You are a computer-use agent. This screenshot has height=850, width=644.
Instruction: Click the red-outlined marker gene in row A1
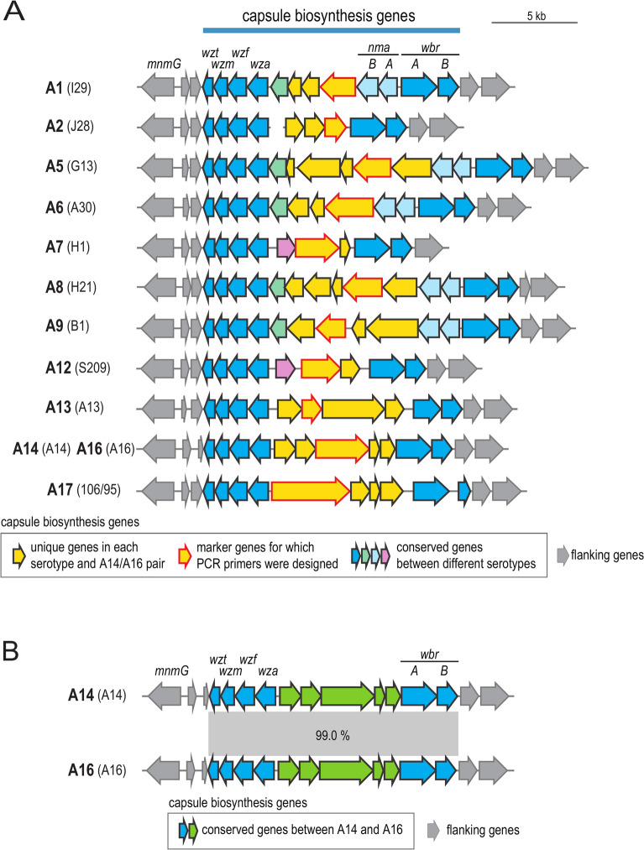[338, 86]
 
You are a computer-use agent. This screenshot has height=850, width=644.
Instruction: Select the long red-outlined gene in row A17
[310, 490]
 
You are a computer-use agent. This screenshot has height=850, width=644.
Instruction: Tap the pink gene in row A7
[286, 248]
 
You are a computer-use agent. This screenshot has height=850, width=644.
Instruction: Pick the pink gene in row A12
[285, 368]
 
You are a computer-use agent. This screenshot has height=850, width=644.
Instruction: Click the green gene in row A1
[279, 86]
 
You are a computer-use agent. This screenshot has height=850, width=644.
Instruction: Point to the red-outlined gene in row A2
[335, 127]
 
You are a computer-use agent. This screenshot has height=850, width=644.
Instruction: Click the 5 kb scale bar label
[536, 16]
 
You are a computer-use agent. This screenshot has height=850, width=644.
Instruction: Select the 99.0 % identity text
[332, 735]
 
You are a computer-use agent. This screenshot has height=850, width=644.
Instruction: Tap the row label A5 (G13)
[71, 166]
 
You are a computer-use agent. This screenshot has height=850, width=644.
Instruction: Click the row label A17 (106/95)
[84, 489]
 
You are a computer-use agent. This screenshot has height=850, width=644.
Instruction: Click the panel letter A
[13, 11]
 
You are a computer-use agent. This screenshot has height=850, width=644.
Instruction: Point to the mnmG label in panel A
[164, 65]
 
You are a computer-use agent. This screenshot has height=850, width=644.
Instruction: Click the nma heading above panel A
[379, 48]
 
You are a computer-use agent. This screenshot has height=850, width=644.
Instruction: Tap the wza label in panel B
[268, 671]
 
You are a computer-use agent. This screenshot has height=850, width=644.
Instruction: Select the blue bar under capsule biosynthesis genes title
[332, 30]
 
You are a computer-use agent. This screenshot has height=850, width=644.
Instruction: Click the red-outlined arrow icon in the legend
[185, 555]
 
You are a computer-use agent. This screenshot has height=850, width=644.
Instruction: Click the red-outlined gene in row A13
[311, 408]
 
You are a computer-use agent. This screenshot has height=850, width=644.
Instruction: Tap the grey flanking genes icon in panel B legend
[433, 830]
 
